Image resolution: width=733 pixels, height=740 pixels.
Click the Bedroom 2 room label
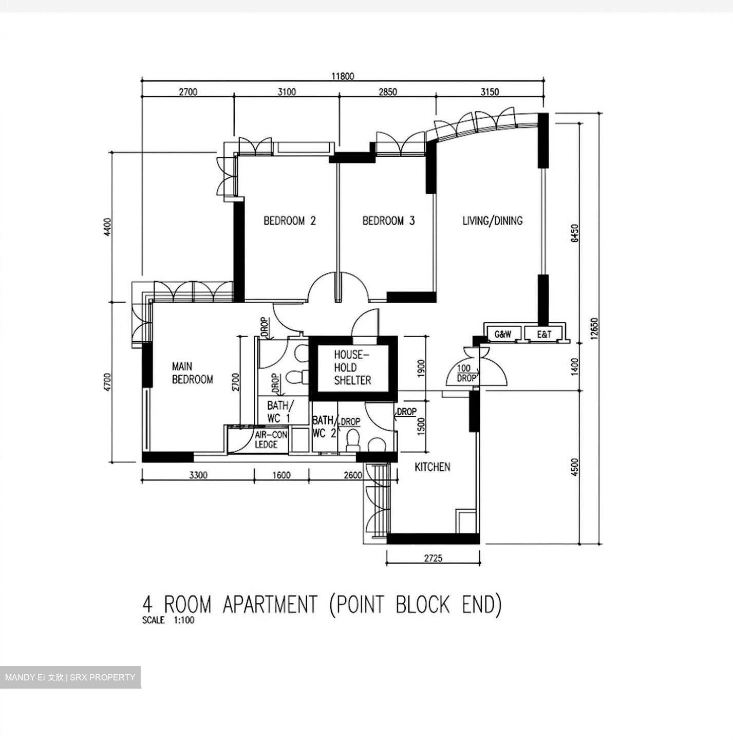pyautogui.click(x=290, y=220)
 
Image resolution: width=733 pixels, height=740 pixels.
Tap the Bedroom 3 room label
pyautogui.click(x=388, y=220)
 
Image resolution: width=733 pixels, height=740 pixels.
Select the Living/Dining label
pyautogui.click(x=492, y=220)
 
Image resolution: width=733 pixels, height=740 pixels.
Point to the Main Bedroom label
pyautogui.click(x=193, y=373)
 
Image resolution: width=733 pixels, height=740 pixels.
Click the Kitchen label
pyautogui.click(x=433, y=467)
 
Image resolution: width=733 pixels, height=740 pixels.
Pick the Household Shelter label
pyautogui.click(x=352, y=367)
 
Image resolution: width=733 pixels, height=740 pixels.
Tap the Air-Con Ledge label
pyautogui.click(x=271, y=440)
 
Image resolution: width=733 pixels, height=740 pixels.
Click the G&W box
pyautogui.click(x=503, y=334)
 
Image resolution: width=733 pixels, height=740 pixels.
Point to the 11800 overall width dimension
pyautogui.click(x=343, y=76)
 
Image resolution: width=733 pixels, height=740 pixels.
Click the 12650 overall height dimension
pyautogui.click(x=594, y=328)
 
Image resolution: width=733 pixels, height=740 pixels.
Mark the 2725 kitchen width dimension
pyautogui.click(x=433, y=558)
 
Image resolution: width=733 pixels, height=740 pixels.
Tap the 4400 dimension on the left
pyautogui.click(x=107, y=227)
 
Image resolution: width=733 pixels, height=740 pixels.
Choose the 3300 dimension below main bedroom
pyautogui.click(x=198, y=475)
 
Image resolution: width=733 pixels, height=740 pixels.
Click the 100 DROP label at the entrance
pyautogui.click(x=466, y=373)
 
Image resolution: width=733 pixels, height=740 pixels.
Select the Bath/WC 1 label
pyautogui.click(x=280, y=412)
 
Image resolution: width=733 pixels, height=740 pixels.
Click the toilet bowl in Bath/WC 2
pyautogui.click(x=352, y=441)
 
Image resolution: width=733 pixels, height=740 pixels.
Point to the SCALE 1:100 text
pyautogui.click(x=168, y=620)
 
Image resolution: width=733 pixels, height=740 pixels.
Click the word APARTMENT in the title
pyautogui.click(x=270, y=604)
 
